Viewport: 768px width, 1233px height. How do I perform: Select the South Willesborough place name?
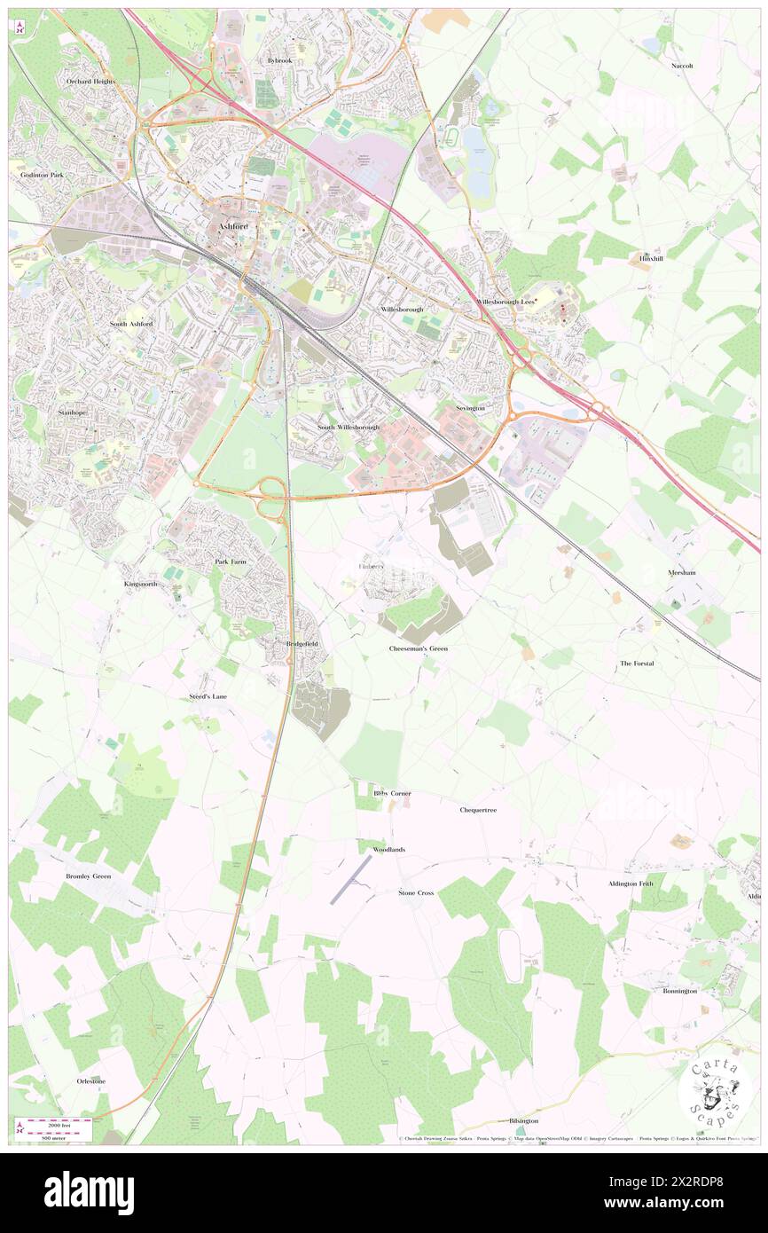click(x=349, y=427)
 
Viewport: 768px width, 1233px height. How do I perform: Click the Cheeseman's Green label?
click(x=419, y=648)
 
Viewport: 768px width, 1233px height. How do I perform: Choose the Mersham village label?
click(x=682, y=572)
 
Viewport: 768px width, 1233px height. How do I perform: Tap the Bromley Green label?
click(x=89, y=876)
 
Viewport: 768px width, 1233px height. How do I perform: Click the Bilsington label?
click(x=523, y=1120)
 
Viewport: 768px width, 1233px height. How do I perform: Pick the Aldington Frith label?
click(x=631, y=884)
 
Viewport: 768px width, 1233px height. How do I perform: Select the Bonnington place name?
click(x=680, y=990)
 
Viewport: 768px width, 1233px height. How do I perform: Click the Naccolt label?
click(x=682, y=66)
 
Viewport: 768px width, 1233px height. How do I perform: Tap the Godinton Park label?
click(x=43, y=176)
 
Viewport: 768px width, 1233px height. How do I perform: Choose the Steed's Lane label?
click(x=208, y=696)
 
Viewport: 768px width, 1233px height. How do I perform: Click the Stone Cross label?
click(x=416, y=892)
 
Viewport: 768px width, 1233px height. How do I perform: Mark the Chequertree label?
click(x=478, y=810)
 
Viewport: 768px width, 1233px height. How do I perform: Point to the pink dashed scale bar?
click(x=59, y=1124)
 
